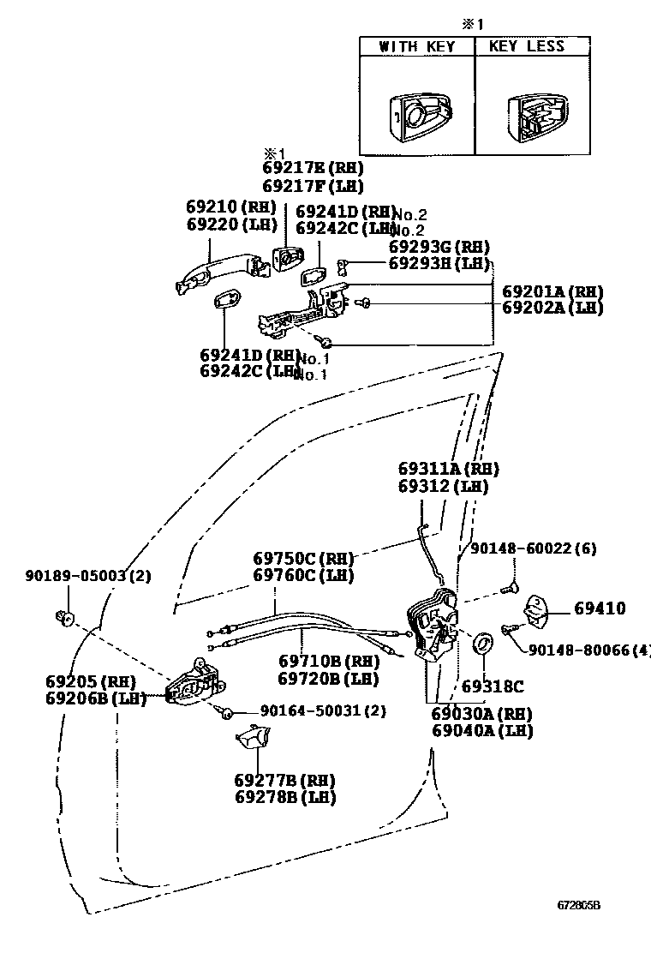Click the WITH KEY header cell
pyautogui.click(x=416, y=46)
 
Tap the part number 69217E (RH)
pyautogui.click(x=300, y=169)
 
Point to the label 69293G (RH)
pyautogui.click(x=439, y=247)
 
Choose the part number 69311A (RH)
pyautogui.click(x=448, y=470)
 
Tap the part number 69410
pyautogui.click(x=600, y=609)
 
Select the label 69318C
pyautogui.click(x=493, y=686)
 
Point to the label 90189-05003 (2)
pyautogui.click(x=87, y=576)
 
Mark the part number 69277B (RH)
pyautogui.click(x=284, y=780)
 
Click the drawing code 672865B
pyautogui.click(x=580, y=904)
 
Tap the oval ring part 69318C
pyautogui.click(x=484, y=642)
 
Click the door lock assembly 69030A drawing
pyautogui.click(x=433, y=623)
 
